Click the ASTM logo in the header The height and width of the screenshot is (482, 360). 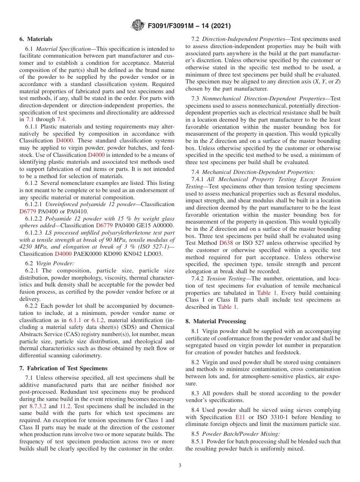[x=137, y=25]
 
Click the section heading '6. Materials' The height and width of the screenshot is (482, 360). [x=36, y=39]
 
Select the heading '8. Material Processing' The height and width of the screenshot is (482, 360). [x=216, y=321]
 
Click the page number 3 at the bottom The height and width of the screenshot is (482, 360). [x=180, y=465]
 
